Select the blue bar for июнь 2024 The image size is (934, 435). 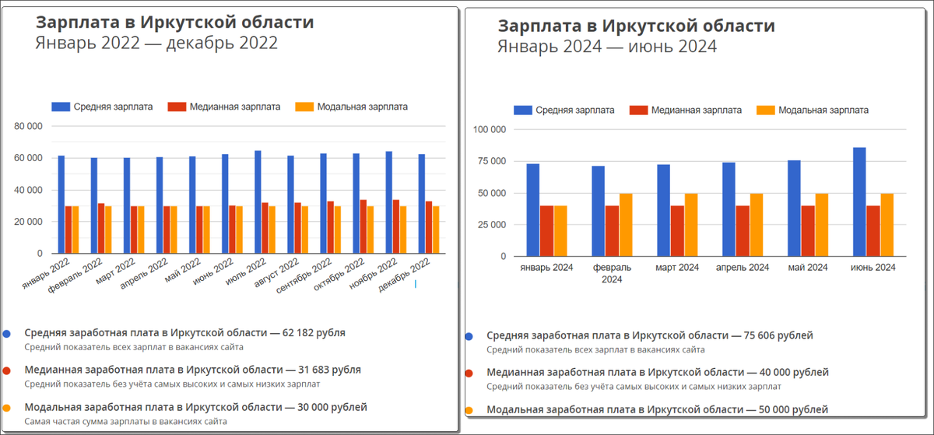click(x=859, y=202)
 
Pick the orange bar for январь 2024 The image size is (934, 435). click(x=561, y=230)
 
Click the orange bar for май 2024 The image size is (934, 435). click(x=822, y=225)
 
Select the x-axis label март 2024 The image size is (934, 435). click(x=677, y=268)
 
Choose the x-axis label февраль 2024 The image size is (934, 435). click(x=613, y=272)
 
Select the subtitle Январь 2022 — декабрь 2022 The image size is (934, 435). click(x=156, y=44)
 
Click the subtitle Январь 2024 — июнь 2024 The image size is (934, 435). click(x=607, y=47)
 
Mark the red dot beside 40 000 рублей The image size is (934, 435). click(x=469, y=374)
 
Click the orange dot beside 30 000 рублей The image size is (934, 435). click(x=7, y=408)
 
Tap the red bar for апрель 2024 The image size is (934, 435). click(x=743, y=230)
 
